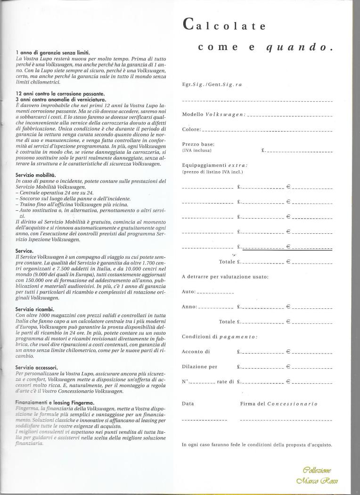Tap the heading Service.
point(24,251)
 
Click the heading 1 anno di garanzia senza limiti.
point(52,52)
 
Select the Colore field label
point(191,130)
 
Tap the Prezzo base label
point(198,144)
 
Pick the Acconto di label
point(196,352)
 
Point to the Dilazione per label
point(199,366)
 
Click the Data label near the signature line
point(187,404)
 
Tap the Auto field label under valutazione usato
point(188,292)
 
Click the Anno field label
point(189,307)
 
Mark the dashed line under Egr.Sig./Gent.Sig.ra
point(257,101)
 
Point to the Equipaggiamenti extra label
point(214,165)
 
